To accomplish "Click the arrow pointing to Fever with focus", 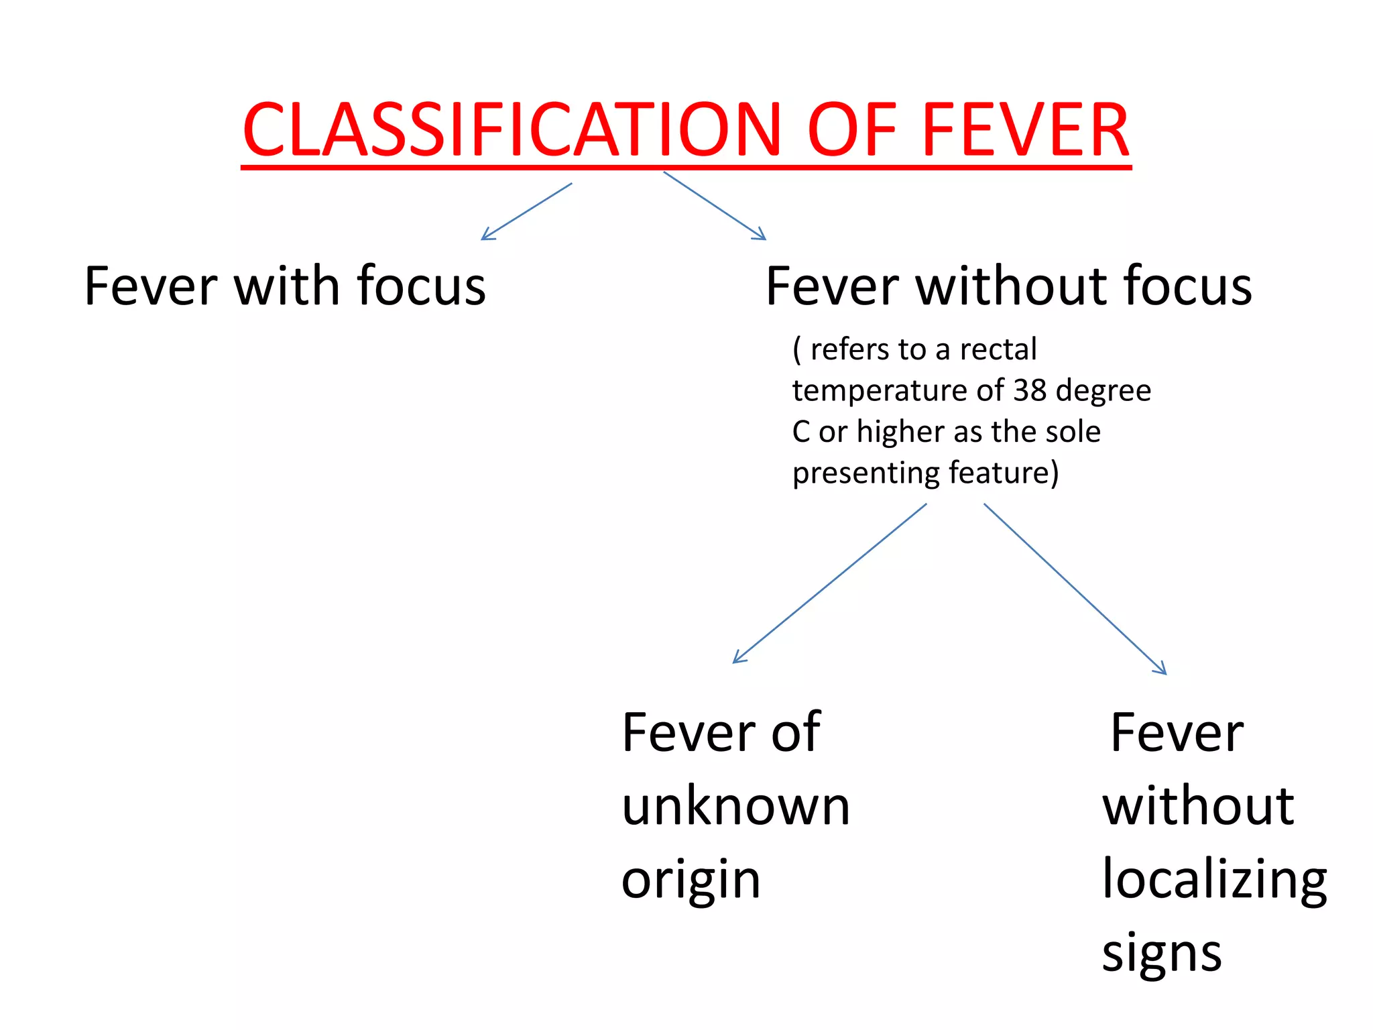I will (526, 211).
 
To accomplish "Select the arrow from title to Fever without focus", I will (715, 205).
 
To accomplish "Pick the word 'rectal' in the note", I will (998, 349).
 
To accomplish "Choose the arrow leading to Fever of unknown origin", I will (829, 583).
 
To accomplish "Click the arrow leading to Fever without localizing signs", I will (1075, 589).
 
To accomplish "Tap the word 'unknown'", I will (735, 806).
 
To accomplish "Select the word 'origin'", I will (691, 881).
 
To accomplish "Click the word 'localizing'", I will (1214, 880).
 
